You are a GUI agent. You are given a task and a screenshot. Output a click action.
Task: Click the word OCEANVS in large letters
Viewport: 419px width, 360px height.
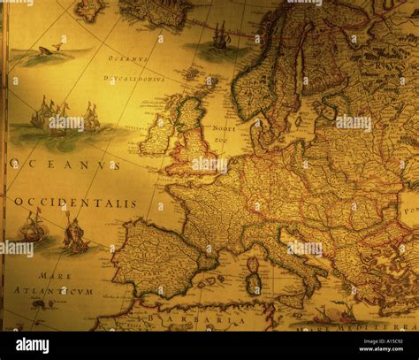(x=64, y=165)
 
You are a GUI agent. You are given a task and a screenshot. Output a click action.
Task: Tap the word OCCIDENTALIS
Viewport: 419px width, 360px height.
(x=75, y=203)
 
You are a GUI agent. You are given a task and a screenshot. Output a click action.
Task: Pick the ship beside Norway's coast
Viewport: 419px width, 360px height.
(x=219, y=37)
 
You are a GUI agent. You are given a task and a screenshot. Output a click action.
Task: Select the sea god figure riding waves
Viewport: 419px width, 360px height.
(x=76, y=232)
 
